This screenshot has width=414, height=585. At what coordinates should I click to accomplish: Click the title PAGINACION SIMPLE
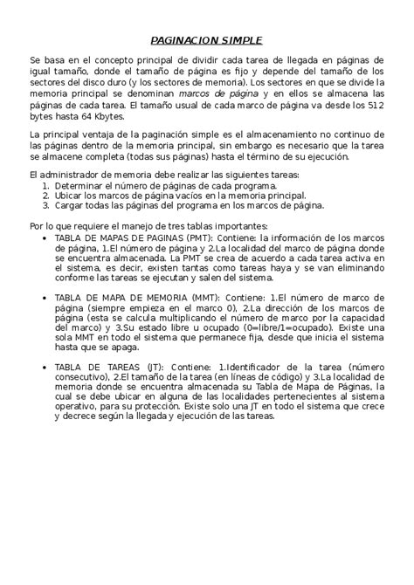(x=206, y=39)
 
